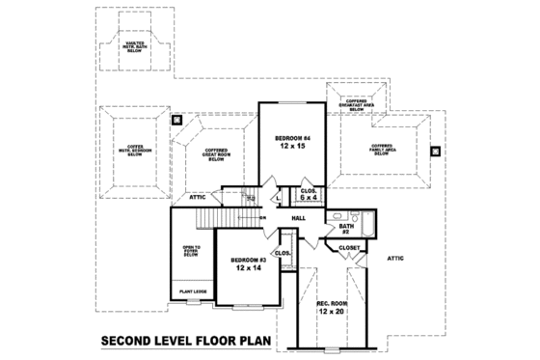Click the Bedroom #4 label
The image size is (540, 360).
click(290, 138)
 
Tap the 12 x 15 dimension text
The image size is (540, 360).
click(290, 147)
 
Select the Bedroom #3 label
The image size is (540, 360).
click(248, 261)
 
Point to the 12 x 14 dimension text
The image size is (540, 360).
click(248, 270)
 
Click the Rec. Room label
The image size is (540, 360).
click(332, 304)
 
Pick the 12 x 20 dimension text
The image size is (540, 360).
click(332, 313)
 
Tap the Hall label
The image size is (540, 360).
click(299, 219)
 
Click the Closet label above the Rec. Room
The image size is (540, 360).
click(350, 248)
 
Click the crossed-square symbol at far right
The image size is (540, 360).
click(436, 151)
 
